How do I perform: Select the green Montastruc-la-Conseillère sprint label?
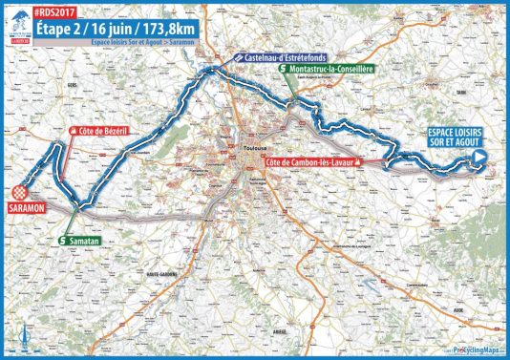click(x=329, y=70)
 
